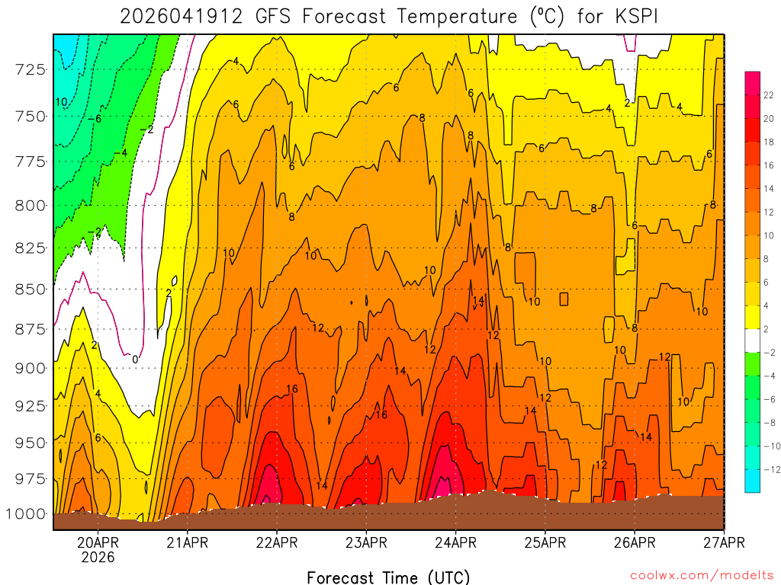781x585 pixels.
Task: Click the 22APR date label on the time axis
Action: point(276,542)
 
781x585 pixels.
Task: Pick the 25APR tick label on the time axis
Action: point(545,542)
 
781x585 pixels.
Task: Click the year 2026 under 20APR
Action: point(98,557)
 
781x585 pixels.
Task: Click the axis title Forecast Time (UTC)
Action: point(388,577)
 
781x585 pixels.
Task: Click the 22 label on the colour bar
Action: point(769,94)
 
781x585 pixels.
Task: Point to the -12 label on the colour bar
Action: point(770,469)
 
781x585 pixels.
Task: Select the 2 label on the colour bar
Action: point(767,329)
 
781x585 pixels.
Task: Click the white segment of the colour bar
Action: point(752,340)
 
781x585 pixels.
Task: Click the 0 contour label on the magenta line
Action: point(135,359)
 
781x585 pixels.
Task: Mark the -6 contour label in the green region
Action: point(95,119)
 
